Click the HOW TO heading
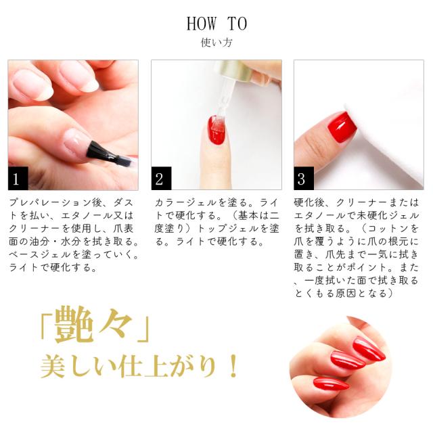216,24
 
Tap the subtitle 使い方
216,43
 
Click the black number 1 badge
18,179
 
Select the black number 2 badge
161,179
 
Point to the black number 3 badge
304,179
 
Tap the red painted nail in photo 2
217,131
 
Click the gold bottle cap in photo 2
237,71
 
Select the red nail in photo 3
342,127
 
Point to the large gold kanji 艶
73,325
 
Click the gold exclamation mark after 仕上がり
233,367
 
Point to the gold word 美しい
78,367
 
